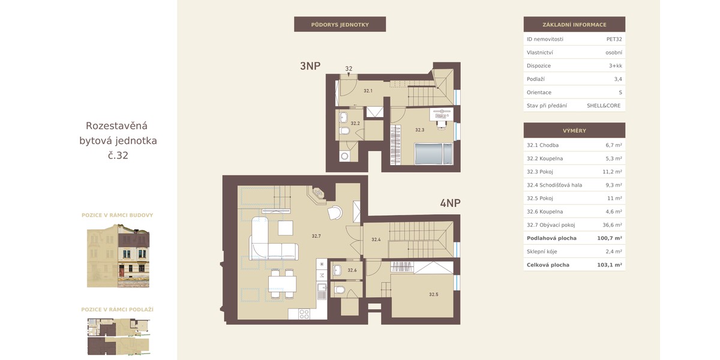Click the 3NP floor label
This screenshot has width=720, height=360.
click(x=310, y=66)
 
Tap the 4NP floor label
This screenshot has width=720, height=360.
click(x=450, y=203)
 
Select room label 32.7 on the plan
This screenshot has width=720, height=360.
click(x=316, y=236)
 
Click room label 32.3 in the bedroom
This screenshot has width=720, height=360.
click(x=419, y=130)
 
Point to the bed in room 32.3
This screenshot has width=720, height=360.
click(x=433, y=154)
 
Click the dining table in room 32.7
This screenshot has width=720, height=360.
click(x=282, y=284)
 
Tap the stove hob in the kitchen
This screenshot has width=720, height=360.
click(x=304, y=314)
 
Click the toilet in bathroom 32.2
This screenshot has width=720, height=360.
click(x=344, y=131)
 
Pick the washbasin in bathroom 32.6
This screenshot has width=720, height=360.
click(x=337, y=270)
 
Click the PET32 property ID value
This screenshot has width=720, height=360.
click(x=614, y=39)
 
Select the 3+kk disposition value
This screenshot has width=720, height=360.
click(x=615, y=65)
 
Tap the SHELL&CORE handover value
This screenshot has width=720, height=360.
click(x=604, y=106)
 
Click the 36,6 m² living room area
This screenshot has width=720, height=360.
click(x=612, y=225)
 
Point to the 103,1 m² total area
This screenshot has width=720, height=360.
click(x=610, y=265)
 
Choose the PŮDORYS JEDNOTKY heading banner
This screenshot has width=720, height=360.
click(x=340, y=25)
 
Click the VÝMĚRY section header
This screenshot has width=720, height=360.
click(x=574, y=131)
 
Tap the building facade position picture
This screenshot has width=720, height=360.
click(x=118, y=256)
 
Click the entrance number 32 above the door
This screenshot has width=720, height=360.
click(x=349, y=68)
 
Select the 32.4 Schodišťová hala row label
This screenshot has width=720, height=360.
click(x=554, y=185)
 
